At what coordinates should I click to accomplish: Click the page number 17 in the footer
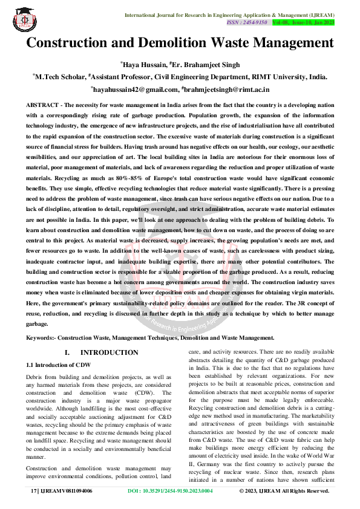click(34, 491)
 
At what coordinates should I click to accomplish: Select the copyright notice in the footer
click(284, 491)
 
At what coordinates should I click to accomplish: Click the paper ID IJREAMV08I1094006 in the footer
click(70, 491)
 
